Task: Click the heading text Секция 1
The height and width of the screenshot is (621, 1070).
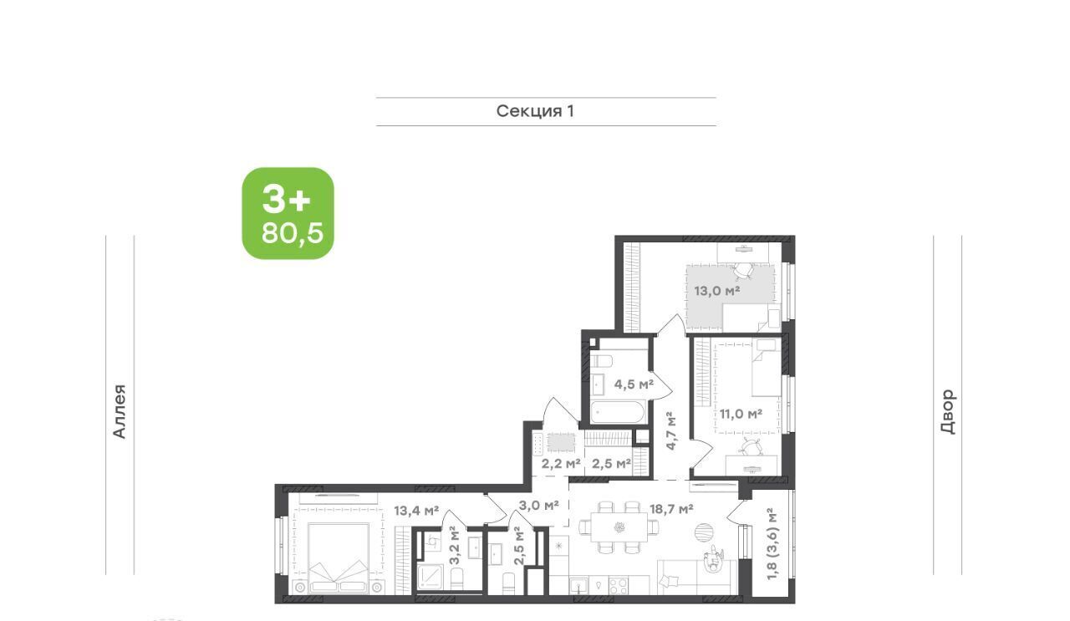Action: click(535, 111)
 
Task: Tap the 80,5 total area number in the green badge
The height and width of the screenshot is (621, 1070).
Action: click(293, 233)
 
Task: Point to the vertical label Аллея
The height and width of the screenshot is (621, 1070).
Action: click(119, 411)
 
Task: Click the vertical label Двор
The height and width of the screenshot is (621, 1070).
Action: click(948, 411)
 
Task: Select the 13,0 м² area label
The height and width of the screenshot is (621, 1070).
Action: click(717, 290)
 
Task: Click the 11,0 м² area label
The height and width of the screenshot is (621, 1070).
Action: click(741, 414)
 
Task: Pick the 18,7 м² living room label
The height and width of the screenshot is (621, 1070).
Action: click(671, 509)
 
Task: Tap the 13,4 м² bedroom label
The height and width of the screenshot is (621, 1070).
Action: click(416, 512)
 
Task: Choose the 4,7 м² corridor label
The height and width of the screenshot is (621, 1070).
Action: click(671, 430)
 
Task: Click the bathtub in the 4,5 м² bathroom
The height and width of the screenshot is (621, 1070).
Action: click(618, 412)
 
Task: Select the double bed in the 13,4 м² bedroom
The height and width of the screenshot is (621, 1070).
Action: click(339, 558)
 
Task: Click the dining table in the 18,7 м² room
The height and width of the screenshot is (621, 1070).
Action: click(619, 527)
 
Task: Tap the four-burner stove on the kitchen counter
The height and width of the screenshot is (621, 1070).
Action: click(618, 586)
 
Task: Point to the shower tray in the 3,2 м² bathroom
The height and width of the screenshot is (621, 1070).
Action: click(431, 579)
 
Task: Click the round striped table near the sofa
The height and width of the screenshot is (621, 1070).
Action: click(705, 532)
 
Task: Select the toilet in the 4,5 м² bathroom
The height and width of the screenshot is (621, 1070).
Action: click(601, 361)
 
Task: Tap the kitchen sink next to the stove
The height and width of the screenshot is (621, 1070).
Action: click(579, 586)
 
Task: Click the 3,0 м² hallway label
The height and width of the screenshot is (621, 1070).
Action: click(540, 505)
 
